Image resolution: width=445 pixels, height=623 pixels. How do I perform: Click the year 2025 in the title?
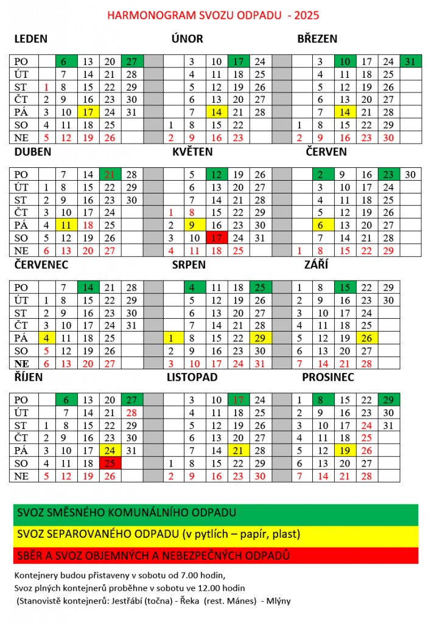coord(307,15)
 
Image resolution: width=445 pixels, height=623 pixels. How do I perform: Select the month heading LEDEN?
coord(30,39)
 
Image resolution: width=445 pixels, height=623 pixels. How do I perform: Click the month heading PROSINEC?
coord(328,377)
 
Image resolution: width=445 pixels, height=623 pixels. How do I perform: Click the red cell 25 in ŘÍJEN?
coord(110,464)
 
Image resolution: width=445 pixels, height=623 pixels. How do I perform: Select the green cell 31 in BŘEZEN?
coord(410,61)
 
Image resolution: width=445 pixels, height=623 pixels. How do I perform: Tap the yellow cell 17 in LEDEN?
coord(88,112)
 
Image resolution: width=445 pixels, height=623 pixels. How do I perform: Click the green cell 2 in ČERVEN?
coord(321,174)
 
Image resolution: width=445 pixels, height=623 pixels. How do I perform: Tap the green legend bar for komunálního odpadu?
coord(215,513)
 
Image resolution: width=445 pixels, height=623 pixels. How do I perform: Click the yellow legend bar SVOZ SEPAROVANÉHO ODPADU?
coord(215,535)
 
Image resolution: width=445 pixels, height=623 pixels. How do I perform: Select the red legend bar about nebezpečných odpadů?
coord(215,555)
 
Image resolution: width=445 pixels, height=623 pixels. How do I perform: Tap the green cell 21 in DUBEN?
coord(110,174)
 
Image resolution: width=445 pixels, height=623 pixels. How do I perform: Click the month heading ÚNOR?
coord(187,39)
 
